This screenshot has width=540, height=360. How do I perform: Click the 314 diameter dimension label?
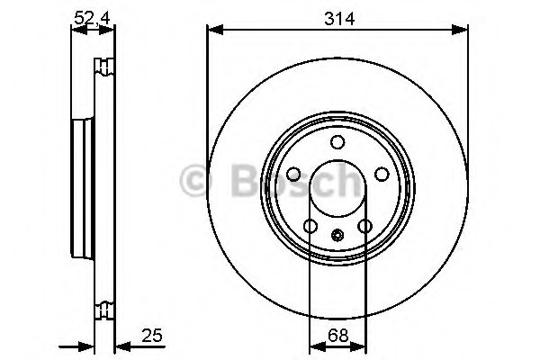point(337,17)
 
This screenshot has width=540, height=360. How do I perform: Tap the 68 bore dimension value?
point(337,336)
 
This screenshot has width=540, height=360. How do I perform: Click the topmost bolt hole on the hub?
point(337,142)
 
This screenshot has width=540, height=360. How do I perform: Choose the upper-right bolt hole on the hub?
point(382,175)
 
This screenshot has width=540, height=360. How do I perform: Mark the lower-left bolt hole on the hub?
point(310,227)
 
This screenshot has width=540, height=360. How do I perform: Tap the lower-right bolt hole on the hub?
point(364,227)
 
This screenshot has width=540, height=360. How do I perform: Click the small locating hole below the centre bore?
point(337,237)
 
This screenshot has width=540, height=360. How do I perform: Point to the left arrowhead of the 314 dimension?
point(212,31)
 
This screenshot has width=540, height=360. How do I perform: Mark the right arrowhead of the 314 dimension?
point(463,31)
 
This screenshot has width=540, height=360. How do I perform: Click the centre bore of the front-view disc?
point(337,193)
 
